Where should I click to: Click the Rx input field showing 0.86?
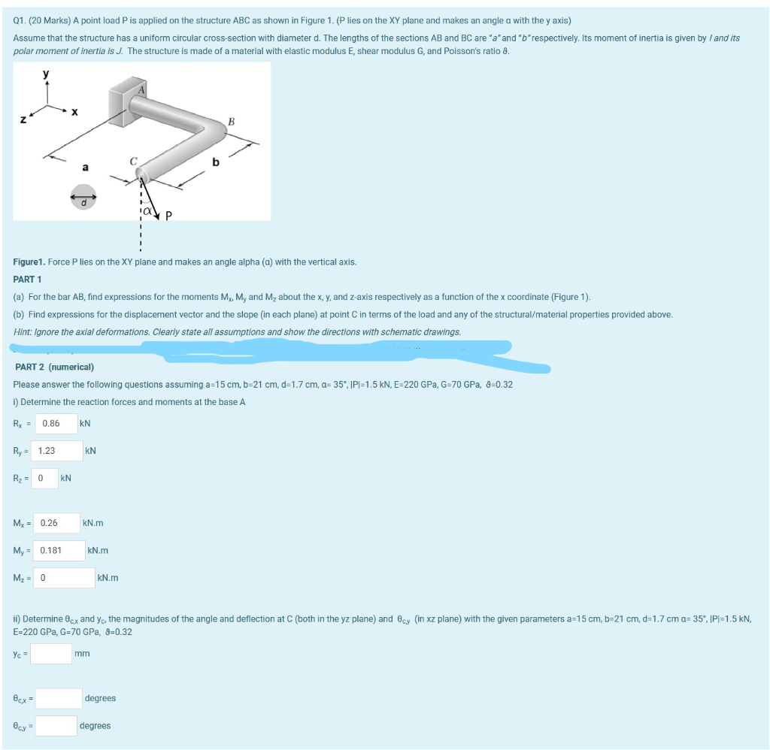pyautogui.click(x=54, y=423)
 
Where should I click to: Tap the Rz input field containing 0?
pyautogui.click(x=44, y=478)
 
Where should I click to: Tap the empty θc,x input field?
pyautogui.click(x=59, y=698)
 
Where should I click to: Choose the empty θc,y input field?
pyautogui.click(x=56, y=726)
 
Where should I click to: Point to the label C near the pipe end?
pyautogui.click(x=133, y=159)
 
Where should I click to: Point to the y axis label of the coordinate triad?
pyautogui.click(x=47, y=74)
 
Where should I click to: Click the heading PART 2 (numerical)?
pyautogui.click(x=54, y=367)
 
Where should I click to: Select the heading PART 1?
pyautogui.click(x=29, y=279)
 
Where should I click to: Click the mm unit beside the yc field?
pyautogui.click(x=82, y=653)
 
